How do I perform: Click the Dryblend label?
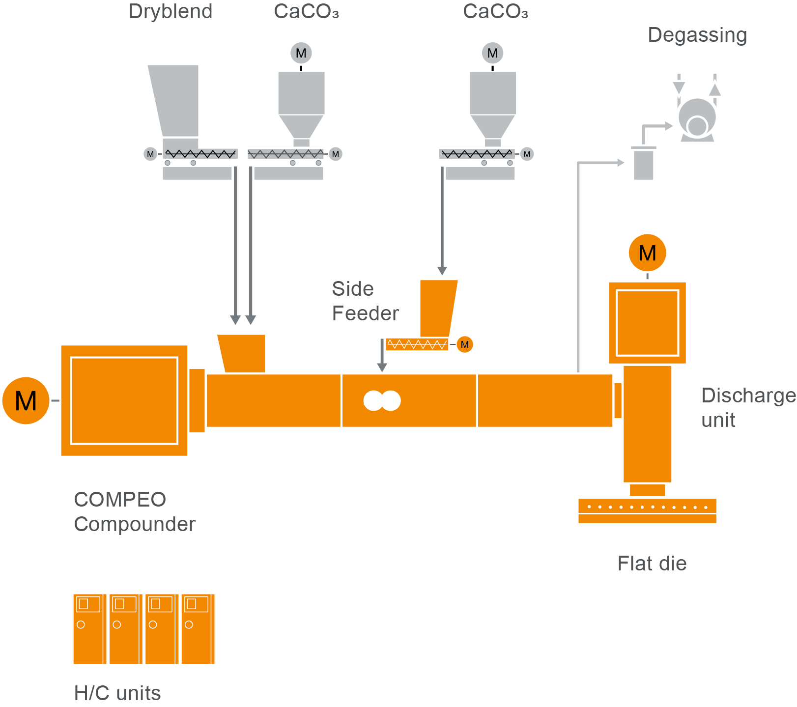pyautogui.click(x=171, y=12)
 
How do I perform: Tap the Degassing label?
pyautogui.click(x=697, y=35)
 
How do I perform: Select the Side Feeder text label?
pyautogui.click(x=365, y=301)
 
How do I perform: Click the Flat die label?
pyautogui.click(x=652, y=564)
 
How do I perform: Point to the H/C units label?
pyautogui.click(x=117, y=693)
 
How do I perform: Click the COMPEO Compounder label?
pyautogui.click(x=134, y=511)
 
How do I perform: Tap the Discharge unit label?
pyautogui.click(x=747, y=407)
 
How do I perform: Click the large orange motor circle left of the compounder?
pyautogui.click(x=26, y=400)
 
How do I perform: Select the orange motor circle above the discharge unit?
pyautogui.click(x=647, y=253)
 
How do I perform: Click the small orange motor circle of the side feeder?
pyautogui.click(x=464, y=344)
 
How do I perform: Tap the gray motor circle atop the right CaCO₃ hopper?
pyautogui.click(x=492, y=53)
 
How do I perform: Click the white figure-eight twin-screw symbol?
pyautogui.click(x=382, y=400)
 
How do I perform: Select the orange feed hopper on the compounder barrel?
pyautogui.click(x=242, y=353)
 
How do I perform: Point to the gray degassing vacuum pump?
pyautogui.click(x=697, y=119)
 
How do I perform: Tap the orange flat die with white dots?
pyautogui.click(x=647, y=510)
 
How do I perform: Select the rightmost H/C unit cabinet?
pyautogui.click(x=198, y=629)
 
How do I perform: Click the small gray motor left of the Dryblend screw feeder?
pyautogui.click(x=150, y=154)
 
